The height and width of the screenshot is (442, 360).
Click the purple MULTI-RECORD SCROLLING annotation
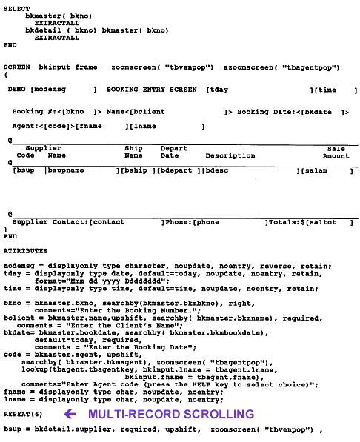tap(171, 414)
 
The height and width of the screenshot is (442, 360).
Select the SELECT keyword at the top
tap(17, 7)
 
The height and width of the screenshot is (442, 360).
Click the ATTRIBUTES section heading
tap(26, 251)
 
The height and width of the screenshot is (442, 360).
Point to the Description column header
tap(230, 156)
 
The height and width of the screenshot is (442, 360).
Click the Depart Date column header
tap(174, 153)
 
